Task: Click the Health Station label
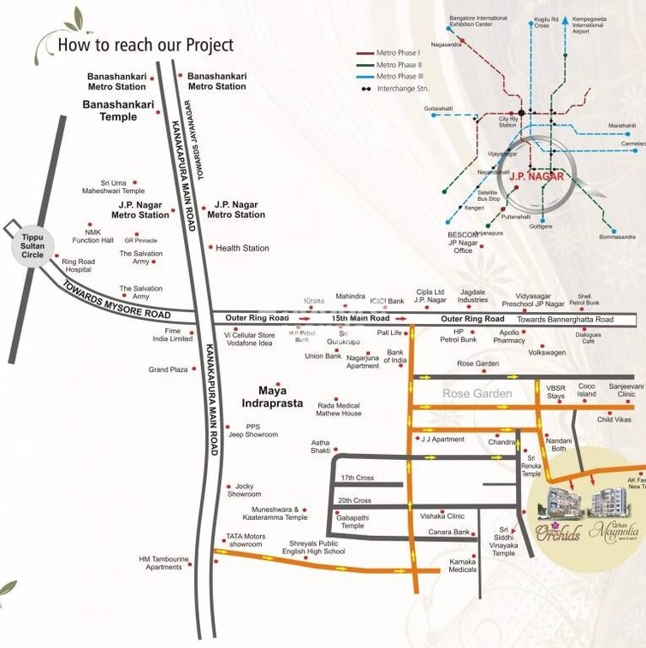242,248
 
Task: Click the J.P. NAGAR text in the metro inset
534,177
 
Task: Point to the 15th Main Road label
354,318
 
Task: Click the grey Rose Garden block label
477,393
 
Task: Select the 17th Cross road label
357,478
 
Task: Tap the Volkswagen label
547,352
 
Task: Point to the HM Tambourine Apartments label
163,563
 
